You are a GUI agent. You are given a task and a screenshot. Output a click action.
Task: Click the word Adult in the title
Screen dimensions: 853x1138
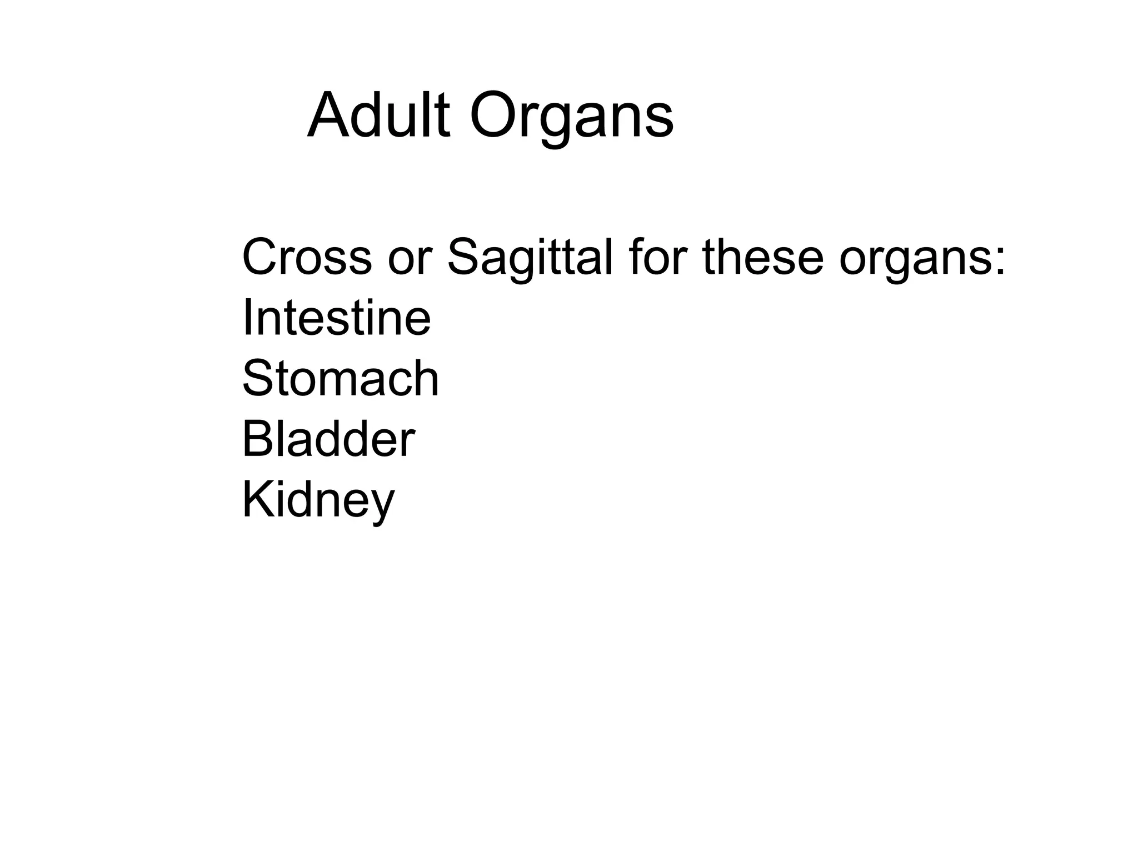click(378, 117)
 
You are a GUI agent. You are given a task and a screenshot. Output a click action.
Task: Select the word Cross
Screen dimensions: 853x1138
click(307, 257)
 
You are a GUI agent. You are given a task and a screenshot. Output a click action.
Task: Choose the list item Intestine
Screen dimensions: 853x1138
click(336, 318)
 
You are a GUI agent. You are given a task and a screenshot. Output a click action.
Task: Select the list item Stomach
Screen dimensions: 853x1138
click(341, 379)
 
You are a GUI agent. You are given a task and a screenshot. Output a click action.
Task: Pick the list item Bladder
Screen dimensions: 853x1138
click(328, 439)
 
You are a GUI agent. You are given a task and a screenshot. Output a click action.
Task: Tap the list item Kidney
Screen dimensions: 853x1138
click(318, 501)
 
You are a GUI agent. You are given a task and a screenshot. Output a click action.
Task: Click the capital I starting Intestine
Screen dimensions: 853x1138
click(247, 318)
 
